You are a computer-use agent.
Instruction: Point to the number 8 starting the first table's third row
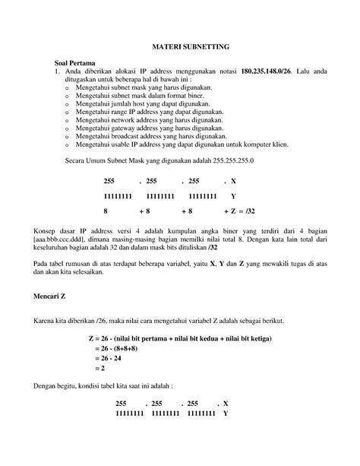[x=106, y=211]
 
